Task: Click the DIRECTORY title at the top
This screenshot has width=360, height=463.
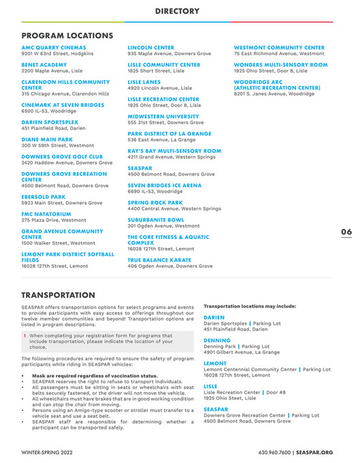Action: (x=177, y=11)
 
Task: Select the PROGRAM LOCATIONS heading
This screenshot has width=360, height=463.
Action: (x=67, y=35)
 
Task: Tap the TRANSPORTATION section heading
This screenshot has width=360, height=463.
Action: (x=59, y=296)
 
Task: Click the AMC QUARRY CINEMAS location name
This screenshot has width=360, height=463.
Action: (x=54, y=48)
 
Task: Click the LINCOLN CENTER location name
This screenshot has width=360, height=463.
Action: (x=151, y=48)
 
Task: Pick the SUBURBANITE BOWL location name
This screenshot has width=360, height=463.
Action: (x=156, y=220)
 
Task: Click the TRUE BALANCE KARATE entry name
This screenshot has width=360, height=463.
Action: (x=161, y=260)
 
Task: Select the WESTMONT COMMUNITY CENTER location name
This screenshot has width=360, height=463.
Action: (x=279, y=48)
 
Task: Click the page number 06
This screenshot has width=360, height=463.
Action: (x=346, y=232)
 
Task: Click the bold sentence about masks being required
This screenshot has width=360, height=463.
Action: (x=95, y=376)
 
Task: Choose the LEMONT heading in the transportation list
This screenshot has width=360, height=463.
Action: (x=215, y=363)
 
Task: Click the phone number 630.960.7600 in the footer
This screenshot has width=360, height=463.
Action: (x=276, y=451)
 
